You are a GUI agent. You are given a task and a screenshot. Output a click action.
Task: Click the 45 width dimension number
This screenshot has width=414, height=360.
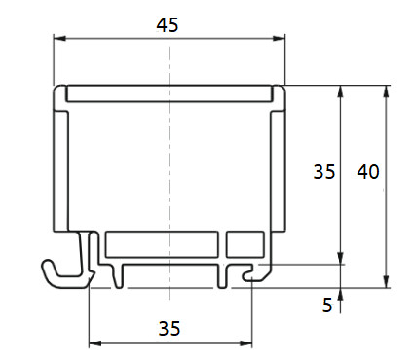coord(168,26)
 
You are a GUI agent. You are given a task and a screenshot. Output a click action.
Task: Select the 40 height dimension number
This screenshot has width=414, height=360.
coord(368,172)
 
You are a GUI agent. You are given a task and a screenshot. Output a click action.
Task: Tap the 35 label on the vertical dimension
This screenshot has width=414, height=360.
coord(324,172)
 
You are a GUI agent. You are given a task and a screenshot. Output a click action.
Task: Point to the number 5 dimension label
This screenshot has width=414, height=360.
coord(327,305)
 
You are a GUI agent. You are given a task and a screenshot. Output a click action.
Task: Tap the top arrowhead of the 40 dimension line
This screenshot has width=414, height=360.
coord(387,91)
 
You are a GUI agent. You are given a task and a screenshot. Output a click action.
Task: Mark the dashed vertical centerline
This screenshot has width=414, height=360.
coord(169,175)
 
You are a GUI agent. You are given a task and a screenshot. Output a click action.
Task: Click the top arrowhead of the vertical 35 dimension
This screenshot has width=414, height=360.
coord(341,91)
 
